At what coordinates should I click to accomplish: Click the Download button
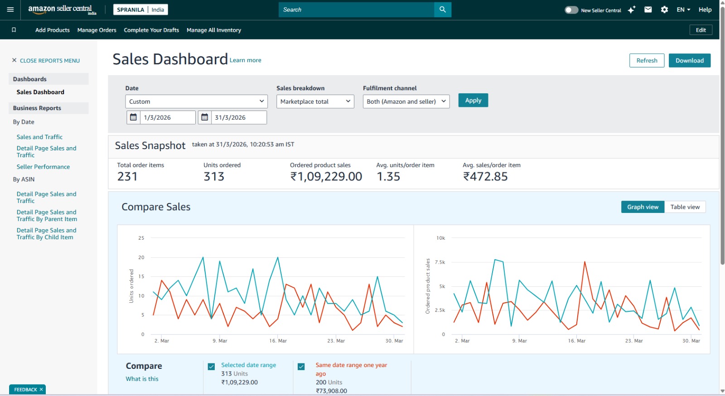pos(689,61)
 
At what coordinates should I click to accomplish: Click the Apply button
pos(473,101)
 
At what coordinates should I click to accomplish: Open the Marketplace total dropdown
pos(315,101)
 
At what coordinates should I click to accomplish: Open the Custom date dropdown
pos(196,101)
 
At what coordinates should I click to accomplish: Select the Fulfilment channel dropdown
pos(406,101)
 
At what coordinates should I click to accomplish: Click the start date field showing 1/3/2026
pos(168,117)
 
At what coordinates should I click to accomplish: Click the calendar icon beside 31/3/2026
pos(205,117)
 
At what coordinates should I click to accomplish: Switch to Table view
pos(685,207)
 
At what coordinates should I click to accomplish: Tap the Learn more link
pos(245,60)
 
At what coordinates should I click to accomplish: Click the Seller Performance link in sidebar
pos(43,167)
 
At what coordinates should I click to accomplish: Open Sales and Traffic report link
pos(39,137)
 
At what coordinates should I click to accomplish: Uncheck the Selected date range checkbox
pos(211,367)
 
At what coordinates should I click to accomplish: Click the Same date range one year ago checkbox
pos(301,367)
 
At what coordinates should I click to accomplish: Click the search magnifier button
pos(442,10)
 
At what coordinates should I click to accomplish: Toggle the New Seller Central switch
pos(571,10)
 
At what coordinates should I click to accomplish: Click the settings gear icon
pos(664,10)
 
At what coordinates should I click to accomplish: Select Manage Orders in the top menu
pos(97,30)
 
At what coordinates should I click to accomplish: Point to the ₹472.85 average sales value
pos(485,177)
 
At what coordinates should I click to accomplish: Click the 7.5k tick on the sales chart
pos(440,262)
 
